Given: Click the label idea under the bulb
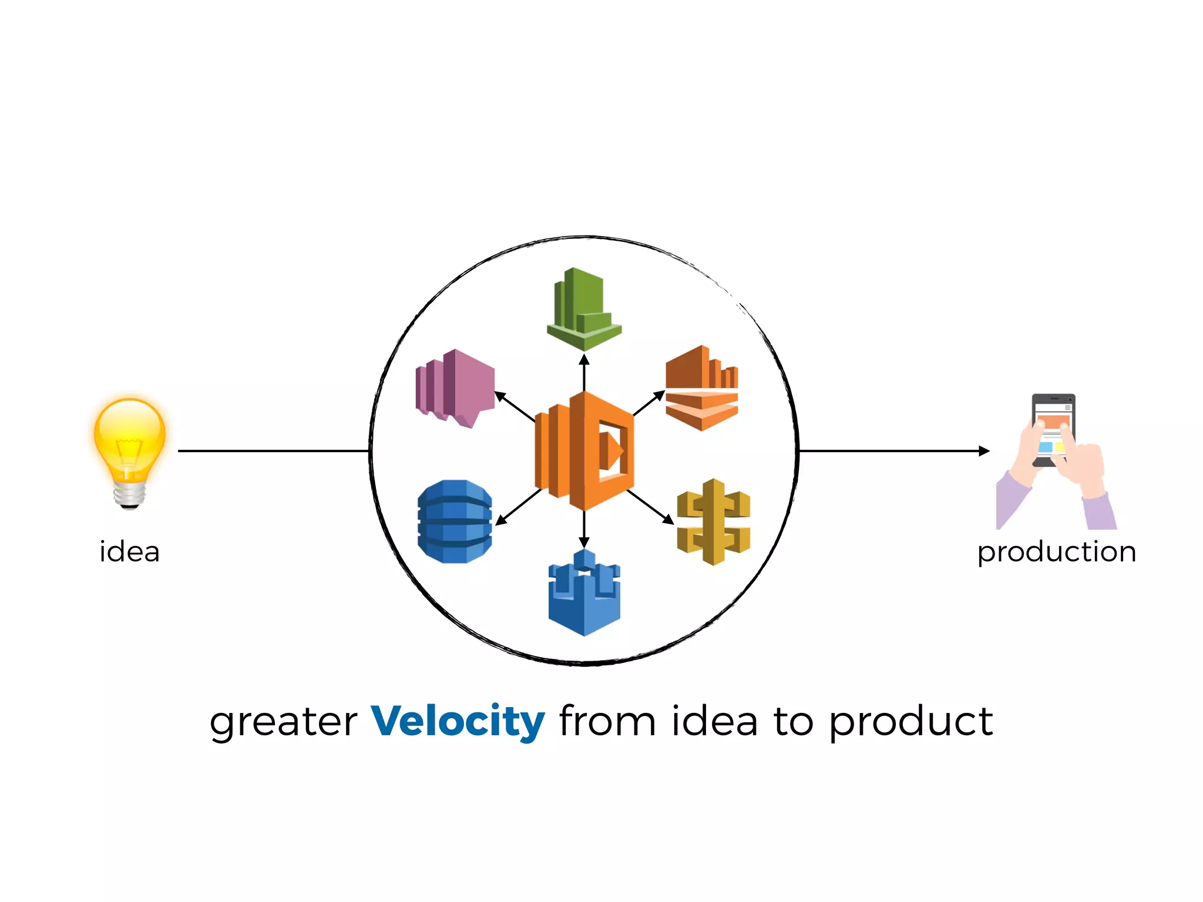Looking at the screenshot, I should point(129,552).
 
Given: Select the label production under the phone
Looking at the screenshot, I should point(1056,552).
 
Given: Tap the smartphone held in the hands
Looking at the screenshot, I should point(1053,429).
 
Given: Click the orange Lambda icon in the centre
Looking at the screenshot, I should point(584,451).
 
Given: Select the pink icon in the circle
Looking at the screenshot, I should point(455,388).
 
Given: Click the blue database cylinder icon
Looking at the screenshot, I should point(455,521).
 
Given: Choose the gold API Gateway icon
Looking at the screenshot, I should point(713,521).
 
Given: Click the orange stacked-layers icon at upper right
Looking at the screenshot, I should point(701,388).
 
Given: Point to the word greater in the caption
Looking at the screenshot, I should point(283,722).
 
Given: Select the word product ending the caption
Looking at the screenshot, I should point(910,722).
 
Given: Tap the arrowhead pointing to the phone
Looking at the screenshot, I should point(984,451).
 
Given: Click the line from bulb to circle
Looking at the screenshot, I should point(273,451).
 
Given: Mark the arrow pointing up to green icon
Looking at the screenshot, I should point(584,370).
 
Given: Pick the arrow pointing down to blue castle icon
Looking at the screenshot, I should point(584,529).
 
